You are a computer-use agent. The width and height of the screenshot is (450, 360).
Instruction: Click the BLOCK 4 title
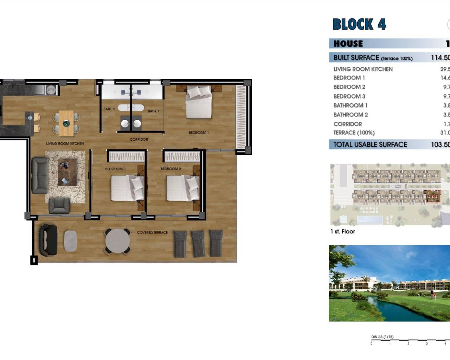[359, 24]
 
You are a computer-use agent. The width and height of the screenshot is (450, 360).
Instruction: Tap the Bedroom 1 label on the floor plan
[199, 133]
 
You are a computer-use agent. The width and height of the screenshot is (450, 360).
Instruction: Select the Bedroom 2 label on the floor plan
[171, 169]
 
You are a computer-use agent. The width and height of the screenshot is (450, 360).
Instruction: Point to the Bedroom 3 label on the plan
[115, 169]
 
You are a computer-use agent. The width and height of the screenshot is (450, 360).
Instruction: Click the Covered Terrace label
[152, 232]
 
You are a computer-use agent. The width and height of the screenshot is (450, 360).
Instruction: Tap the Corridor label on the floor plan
[139, 140]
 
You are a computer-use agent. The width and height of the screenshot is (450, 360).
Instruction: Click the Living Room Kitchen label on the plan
[65, 143]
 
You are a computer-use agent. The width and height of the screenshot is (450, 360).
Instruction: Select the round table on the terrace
[118, 241]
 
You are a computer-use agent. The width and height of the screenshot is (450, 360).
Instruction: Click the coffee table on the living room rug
[67, 172]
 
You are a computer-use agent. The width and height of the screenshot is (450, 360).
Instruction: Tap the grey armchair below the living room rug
[59, 206]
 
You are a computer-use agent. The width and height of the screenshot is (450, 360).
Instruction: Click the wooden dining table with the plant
[66, 123]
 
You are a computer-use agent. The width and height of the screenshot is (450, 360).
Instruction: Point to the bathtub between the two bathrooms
[131, 108]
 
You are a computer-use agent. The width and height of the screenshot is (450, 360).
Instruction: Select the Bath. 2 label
[109, 109]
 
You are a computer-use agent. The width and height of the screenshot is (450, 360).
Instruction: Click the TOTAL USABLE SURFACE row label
[370, 144]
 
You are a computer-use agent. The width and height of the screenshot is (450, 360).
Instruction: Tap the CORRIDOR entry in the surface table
[348, 124]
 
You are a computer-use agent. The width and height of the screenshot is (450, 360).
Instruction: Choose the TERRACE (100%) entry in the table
[354, 133]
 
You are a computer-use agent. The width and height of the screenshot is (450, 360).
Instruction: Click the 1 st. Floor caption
[343, 231]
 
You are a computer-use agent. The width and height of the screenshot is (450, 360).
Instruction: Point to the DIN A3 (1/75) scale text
[382, 337]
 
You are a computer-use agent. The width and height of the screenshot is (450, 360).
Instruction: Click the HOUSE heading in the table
[348, 44]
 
